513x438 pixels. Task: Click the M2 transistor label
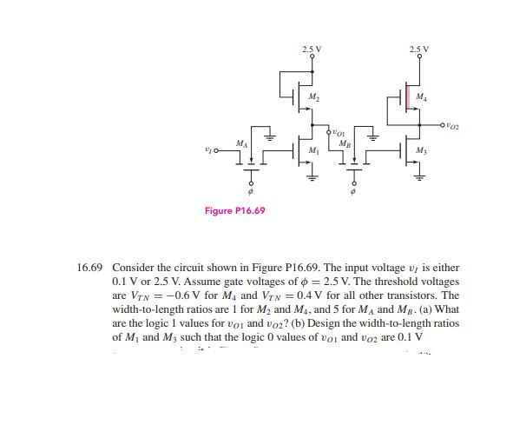315,95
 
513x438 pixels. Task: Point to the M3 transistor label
420,151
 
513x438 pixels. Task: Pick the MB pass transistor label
345,142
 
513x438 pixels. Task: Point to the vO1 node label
339,132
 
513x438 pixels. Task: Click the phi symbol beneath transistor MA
252,192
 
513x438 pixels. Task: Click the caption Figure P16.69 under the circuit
234,210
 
